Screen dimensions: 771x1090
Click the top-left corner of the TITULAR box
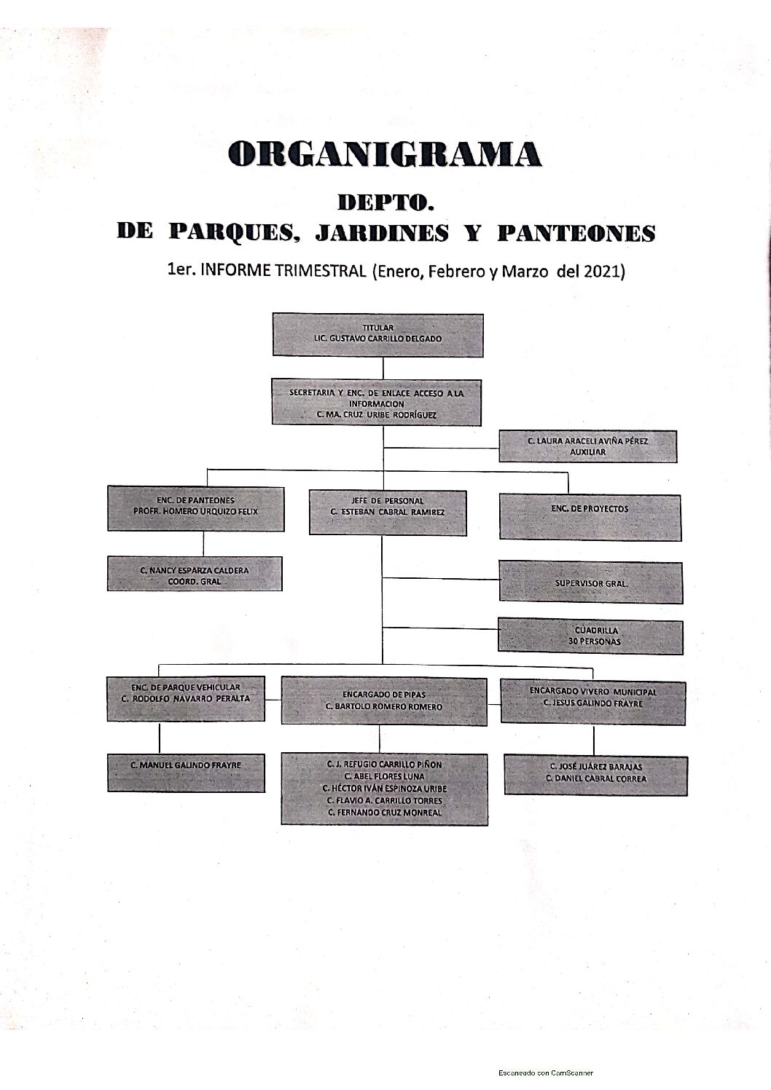tap(273, 314)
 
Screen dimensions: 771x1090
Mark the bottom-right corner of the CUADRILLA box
tap(683, 654)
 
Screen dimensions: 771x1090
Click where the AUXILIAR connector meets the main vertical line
tap(383, 447)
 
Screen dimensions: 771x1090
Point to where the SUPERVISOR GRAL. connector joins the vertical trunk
tap(383, 578)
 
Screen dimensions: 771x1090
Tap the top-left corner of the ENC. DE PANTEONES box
tap(108, 486)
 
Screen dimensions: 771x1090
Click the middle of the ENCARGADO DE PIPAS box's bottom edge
tap(384, 725)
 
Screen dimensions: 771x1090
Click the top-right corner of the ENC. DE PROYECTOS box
tap(681, 495)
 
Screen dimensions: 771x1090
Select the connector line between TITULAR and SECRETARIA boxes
tap(383, 368)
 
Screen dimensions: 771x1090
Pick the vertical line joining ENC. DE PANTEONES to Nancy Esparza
tap(203, 543)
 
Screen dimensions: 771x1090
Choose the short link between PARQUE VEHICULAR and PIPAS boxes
tap(273, 700)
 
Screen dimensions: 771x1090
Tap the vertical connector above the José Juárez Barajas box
tap(594, 740)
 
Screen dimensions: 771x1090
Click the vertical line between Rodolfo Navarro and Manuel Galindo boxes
tap(160, 737)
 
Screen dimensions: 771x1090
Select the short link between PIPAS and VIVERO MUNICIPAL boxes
tap(494, 703)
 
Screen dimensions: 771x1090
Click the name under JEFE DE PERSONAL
tap(387, 512)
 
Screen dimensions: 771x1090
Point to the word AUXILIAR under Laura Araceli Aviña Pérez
tap(588, 452)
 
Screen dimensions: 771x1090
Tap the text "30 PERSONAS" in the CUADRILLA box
tap(594, 641)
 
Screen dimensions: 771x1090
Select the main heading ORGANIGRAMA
tap(385, 154)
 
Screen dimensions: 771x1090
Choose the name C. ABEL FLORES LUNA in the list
tap(384, 776)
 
